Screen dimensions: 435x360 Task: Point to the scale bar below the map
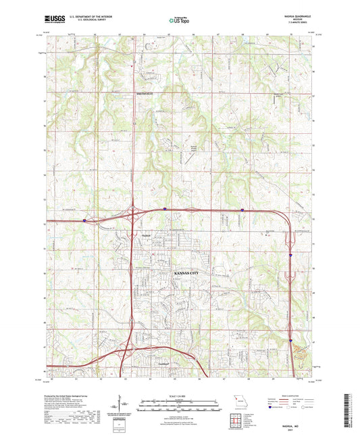coord(180,407)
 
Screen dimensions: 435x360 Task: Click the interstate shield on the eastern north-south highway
coord(290,257)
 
